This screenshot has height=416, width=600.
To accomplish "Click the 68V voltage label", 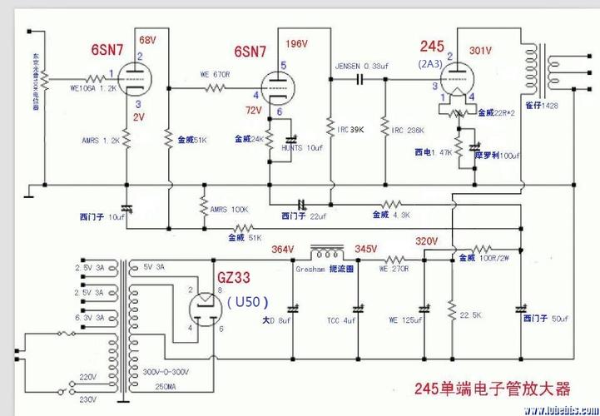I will click(147, 40).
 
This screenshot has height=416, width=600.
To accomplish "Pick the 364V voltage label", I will click(283, 249).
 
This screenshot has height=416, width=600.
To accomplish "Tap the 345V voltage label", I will click(366, 249).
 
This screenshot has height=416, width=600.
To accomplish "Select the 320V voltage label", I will click(427, 241).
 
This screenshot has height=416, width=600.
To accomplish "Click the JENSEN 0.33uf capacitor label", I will click(362, 64).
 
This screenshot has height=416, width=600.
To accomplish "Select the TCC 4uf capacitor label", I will click(341, 319).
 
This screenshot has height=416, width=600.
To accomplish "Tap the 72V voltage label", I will click(253, 110).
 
